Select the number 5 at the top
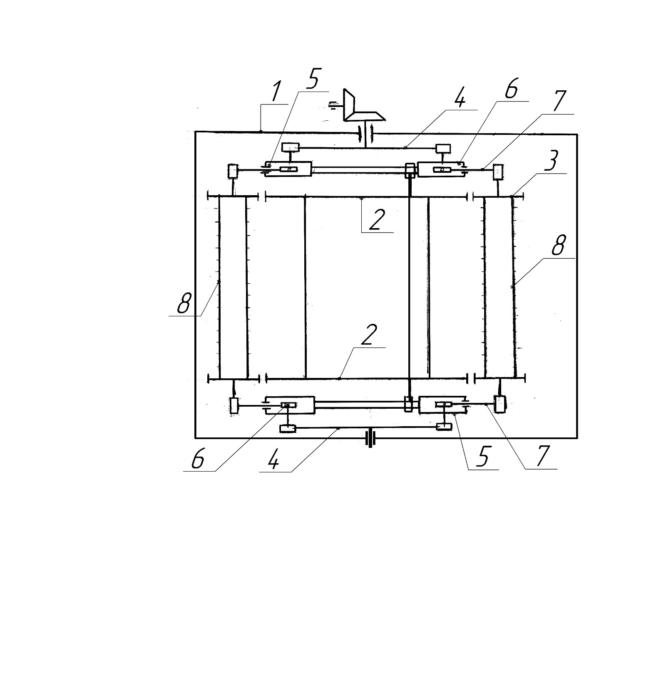click(313, 78)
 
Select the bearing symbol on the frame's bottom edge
click(370, 439)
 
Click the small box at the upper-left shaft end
click(233, 171)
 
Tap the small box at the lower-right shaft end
click(499, 404)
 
